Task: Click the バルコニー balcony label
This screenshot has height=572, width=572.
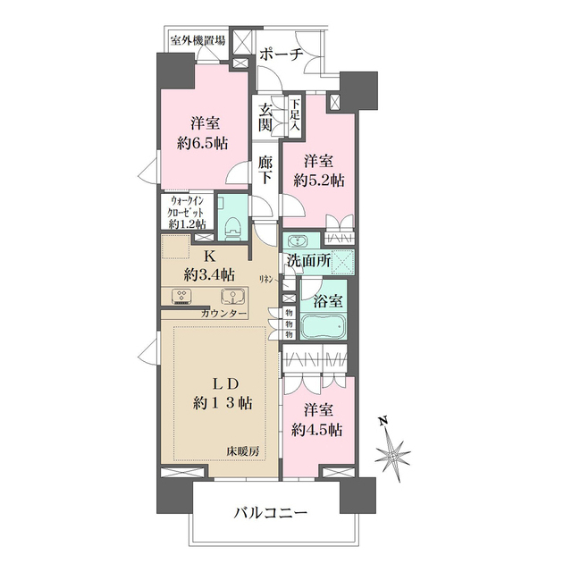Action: (272, 514)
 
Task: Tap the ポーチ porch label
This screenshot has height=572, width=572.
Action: (282, 55)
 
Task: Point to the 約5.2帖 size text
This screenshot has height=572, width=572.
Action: (319, 181)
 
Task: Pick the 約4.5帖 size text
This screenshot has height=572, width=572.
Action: (318, 431)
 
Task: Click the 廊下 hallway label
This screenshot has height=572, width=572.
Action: (265, 170)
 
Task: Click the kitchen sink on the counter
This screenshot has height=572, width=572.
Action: (234, 298)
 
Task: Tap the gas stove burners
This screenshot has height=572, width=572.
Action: (183, 298)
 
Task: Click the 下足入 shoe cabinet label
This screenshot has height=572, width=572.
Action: (295, 114)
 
